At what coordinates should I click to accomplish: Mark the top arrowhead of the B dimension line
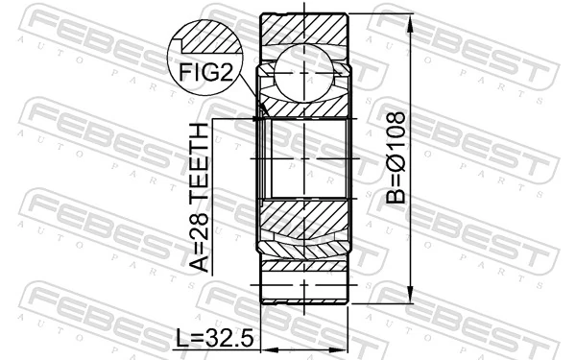pos(411,19)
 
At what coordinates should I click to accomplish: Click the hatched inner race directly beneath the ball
pos(305,104)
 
